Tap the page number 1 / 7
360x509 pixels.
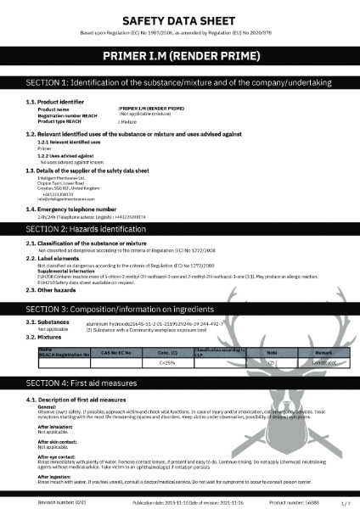344,503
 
